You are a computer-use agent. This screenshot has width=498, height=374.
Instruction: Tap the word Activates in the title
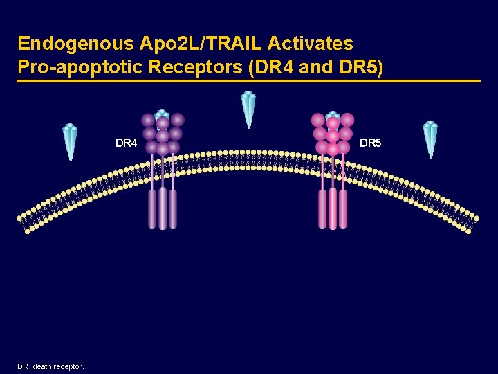click(310, 44)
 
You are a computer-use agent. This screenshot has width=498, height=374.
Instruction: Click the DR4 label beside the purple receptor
click(127, 143)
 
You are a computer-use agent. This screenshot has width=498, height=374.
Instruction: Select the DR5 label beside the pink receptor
click(371, 143)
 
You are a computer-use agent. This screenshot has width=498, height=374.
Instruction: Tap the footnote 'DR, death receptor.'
click(51, 366)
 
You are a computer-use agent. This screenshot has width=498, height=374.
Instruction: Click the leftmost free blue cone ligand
click(70, 141)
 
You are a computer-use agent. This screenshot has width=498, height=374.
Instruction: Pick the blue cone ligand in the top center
click(248, 109)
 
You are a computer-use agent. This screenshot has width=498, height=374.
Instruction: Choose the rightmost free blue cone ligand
click(430, 139)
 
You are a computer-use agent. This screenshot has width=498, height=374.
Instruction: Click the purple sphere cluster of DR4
click(163, 134)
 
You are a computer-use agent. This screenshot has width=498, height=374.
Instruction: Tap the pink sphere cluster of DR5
click(333, 134)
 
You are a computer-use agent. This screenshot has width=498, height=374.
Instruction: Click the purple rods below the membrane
click(163, 208)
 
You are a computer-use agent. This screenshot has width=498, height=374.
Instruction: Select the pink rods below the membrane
click(333, 208)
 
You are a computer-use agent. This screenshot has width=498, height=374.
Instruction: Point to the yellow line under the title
click(249, 82)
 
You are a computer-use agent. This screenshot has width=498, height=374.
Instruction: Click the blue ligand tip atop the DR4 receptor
click(162, 114)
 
